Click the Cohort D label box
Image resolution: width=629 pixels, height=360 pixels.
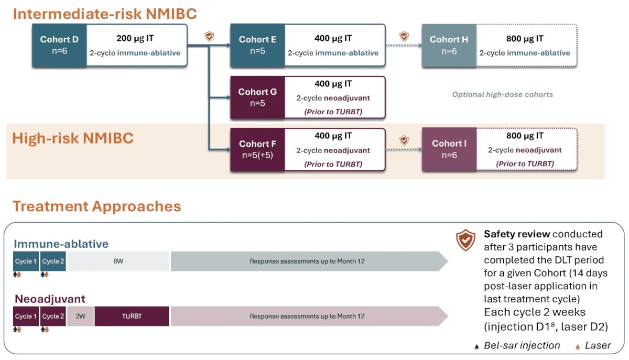click(x=59, y=45)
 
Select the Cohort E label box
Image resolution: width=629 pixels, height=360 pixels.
click(x=257, y=45)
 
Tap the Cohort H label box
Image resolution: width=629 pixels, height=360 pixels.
click(x=449, y=45)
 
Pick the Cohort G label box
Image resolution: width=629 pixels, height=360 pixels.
click(x=257, y=97)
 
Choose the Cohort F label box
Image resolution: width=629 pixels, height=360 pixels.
click(x=257, y=149)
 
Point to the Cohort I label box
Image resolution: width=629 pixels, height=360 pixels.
click(x=449, y=149)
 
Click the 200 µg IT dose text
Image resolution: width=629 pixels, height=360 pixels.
click(x=135, y=38)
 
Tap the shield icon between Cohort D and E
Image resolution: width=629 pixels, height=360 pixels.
click(x=209, y=36)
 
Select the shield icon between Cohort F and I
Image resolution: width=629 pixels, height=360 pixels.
click(x=404, y=140)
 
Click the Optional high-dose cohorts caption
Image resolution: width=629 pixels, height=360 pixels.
click(x=502, y=94)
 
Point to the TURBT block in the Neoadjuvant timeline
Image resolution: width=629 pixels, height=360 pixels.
click(x=132, y=316)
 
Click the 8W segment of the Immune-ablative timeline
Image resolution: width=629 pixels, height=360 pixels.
click(x=118, y=261)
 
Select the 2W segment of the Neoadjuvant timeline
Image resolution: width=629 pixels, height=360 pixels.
click(x=80, y=316)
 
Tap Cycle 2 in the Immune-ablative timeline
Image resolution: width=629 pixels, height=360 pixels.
click(x=53, y=261)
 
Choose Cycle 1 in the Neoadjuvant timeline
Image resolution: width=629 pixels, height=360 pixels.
click(x=26, y=316)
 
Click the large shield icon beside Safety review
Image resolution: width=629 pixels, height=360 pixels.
click(x=465, y=240)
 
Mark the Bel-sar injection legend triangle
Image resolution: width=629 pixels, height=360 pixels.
click(x=476, y=347)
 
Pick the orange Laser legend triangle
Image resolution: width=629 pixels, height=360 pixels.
click(x=578, y=347)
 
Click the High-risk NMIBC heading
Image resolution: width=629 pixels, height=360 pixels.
click(x=73, y=138)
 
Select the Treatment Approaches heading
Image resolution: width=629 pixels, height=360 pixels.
click(x=97, y=206)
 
